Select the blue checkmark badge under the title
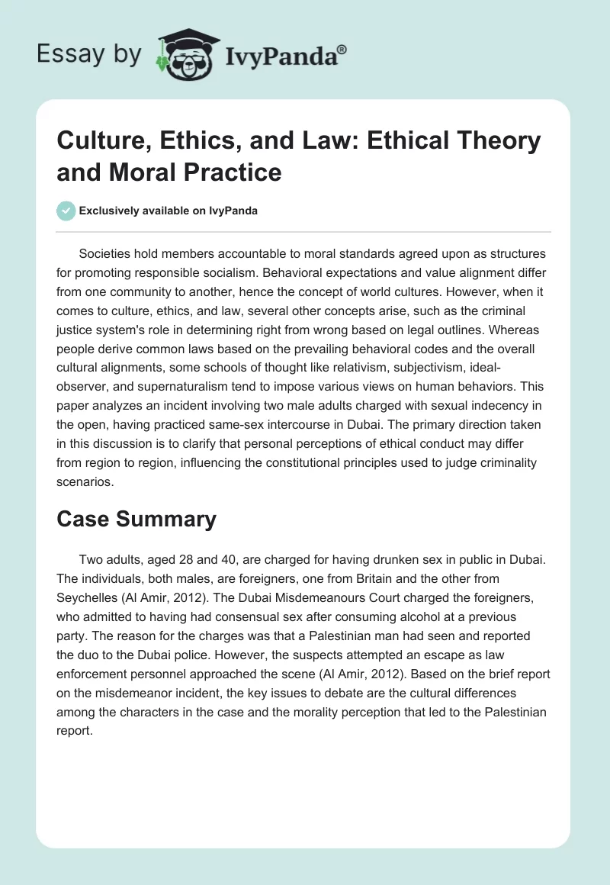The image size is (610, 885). pos(65,211)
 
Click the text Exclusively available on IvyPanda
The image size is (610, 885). pos(168,211)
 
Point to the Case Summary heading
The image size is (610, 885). pos(136,519)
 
